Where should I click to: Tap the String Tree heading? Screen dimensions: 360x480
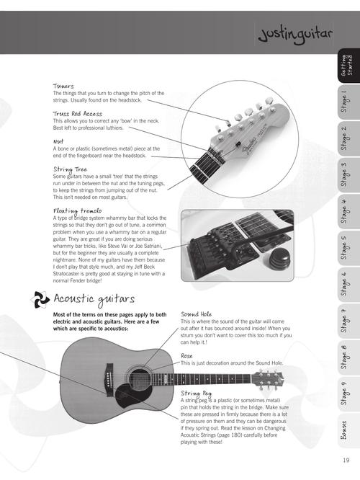coord(71,169)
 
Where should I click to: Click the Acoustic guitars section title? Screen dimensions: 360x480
coord(94,298)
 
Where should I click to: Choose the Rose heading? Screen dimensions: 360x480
coord(187,356)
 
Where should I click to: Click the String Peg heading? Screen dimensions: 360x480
coord(196,393)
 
